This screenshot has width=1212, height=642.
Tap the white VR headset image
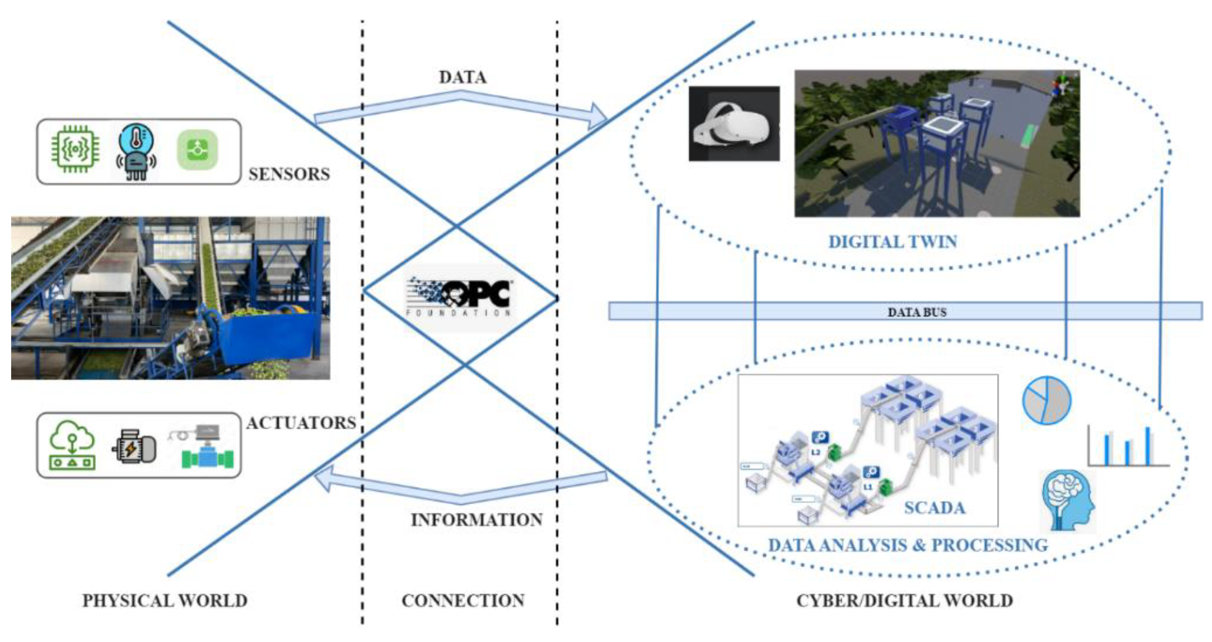[x=734, y=124]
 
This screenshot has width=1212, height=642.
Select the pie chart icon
[x=1046, y=400]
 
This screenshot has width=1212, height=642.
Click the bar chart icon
[x=1128, y=447]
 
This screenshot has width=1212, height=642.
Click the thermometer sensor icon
[x=136, y=151]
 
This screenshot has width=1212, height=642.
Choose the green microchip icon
[x=75, y=150]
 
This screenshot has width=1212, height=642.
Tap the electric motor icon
[x=134, y=447]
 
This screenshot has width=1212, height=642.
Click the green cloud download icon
[x=73, y=445]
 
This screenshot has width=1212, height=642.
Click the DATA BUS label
[x=916, y=312]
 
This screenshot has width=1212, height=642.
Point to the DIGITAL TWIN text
[x=892, y=242]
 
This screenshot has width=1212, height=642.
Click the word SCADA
[x=934, y=508]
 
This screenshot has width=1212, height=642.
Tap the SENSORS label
[x=289, y=175]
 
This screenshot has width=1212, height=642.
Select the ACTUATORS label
[x=301, y=423]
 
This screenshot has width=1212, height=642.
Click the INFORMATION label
[x=476, y=520]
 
